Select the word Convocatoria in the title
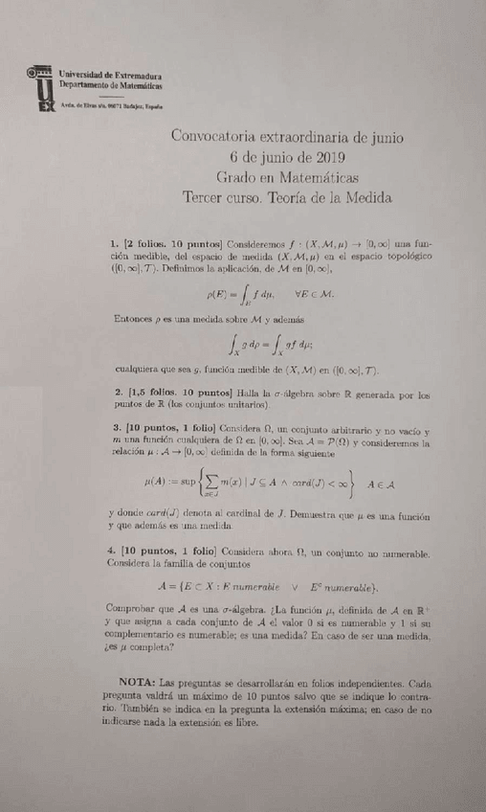pyautogui.click(x=215, y=136)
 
